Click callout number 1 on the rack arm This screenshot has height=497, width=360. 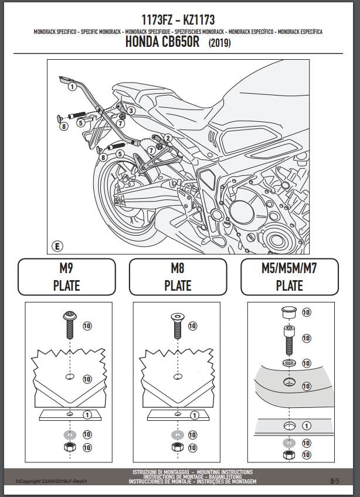pos(72,87)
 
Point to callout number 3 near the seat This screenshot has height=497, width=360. pos(131,110)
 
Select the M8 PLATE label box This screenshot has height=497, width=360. pos(177,277)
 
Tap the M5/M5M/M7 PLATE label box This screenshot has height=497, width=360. pos(290,277)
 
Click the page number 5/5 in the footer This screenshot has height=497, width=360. pos(334,481)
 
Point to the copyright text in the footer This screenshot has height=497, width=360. pos(51,481)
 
